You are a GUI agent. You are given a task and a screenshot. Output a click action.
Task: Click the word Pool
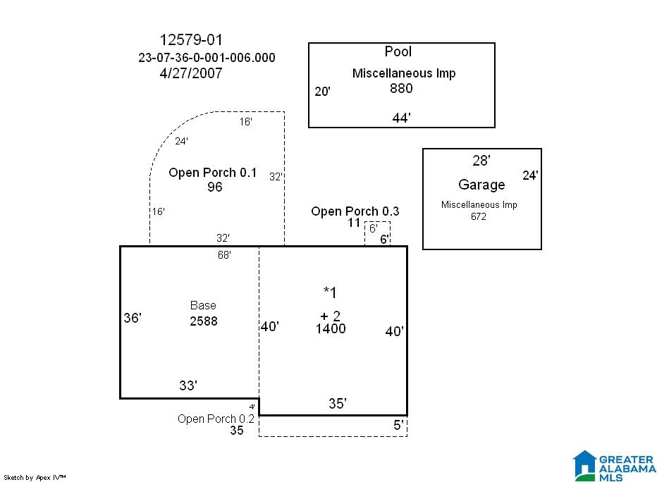coord(398,51)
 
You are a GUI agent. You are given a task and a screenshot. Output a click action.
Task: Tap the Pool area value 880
coord(401,88)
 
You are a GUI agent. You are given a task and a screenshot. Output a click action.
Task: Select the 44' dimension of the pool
coord(401,118)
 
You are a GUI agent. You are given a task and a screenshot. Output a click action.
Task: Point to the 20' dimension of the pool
coord(322,92)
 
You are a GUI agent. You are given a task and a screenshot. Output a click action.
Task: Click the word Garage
coord(481,185)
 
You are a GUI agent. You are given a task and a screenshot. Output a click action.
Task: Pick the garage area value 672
coord(478,216)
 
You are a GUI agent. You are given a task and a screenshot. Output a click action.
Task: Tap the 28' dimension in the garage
coord(481,161)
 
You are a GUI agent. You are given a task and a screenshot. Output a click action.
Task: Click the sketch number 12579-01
coord(191,39)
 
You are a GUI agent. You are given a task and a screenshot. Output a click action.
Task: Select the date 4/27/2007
coord(191,73)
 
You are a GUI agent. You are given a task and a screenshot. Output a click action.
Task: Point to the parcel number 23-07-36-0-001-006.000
coord(207,57)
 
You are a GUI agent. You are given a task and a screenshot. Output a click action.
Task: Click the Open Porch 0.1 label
coord(212,173)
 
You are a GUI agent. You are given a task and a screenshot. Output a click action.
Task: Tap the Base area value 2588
coord(204,321)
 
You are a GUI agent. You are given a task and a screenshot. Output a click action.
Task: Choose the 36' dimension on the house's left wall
coord(133,318)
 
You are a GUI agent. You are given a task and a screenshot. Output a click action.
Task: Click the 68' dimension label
coord(224,254)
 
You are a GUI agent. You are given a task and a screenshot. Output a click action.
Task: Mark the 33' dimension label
coord(188,385)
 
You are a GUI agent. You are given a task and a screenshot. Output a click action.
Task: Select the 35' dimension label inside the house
coord(337,403)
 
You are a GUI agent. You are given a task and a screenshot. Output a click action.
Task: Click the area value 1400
coord(331,328)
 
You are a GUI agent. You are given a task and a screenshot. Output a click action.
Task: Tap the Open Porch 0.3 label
coord(355,211)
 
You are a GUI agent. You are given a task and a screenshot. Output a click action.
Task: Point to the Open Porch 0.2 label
coord(216,419)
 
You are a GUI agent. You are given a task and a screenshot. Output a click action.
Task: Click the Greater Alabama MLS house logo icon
coord(584,465)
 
